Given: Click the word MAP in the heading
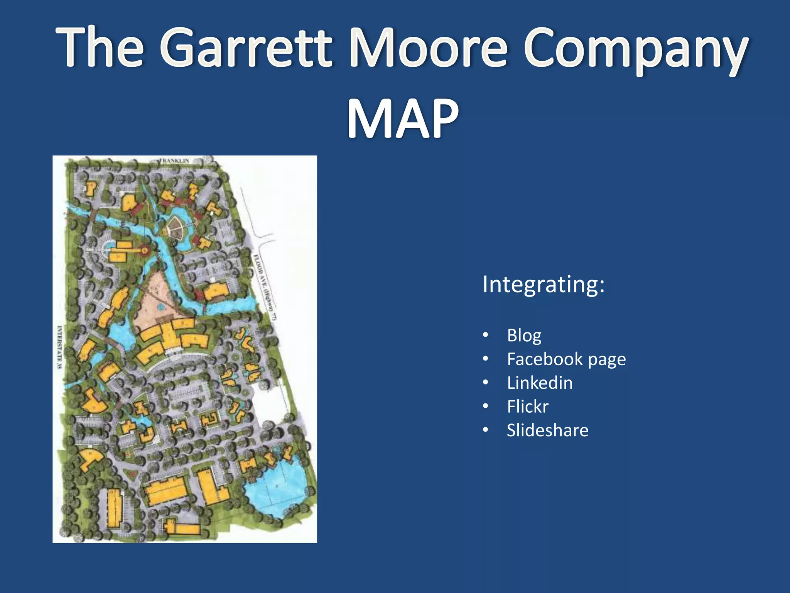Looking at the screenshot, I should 403,118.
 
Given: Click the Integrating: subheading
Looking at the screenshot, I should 543,285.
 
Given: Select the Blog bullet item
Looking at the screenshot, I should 524,335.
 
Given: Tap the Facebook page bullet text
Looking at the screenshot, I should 566,359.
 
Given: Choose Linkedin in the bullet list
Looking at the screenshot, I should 540,383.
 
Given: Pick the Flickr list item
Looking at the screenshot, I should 528,407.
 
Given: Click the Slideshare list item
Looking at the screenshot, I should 547,430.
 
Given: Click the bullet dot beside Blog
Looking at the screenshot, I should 486,335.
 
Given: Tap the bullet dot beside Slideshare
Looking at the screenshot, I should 486,430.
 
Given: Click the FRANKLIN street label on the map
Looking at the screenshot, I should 174,161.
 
